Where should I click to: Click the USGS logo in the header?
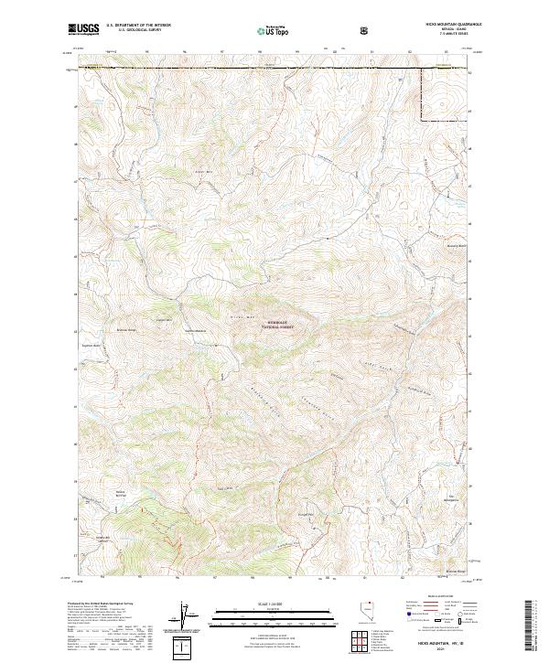[83, 29]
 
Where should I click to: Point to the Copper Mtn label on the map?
[164, 320]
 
